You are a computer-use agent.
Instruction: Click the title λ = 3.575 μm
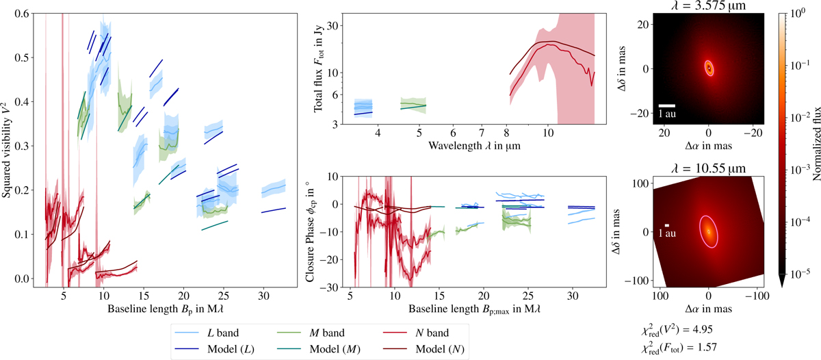click(x=709, y=6)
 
